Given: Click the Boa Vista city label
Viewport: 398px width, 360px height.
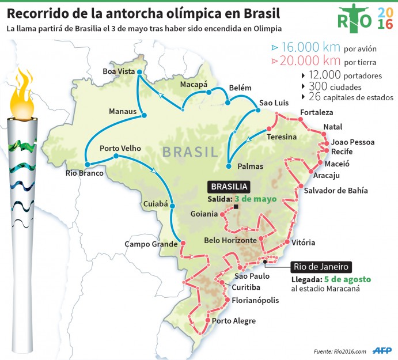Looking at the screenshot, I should pos(118,71).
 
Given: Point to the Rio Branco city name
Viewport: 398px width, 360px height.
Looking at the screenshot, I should pos(85,173).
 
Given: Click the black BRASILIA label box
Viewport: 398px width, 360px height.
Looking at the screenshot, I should pos(229,187).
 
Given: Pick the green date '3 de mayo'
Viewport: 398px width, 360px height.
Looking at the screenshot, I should pos(256,199).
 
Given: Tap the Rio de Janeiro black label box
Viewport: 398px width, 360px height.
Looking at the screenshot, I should pos(321,267).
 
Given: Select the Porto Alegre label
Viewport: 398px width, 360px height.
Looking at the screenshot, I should pos(233,321).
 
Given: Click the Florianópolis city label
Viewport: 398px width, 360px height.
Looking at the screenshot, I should pos(255,300).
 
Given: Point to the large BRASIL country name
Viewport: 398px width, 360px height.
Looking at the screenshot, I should pos(190,151).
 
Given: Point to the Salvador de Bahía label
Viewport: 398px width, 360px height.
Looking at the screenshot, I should pos(335,191).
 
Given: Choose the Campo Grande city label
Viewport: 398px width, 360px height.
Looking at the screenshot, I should pos(151,244).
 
